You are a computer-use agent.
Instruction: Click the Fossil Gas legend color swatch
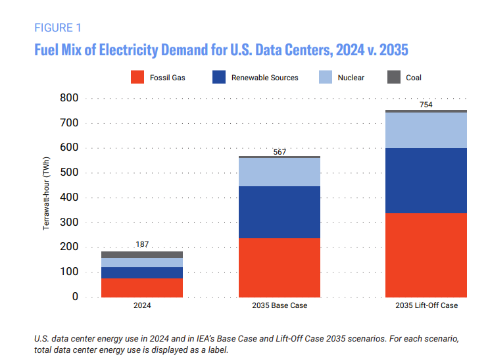click(x=137, y=77)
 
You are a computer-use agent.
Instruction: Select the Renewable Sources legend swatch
click(x=219, y=77)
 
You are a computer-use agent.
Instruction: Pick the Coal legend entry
click(x=414, y=78)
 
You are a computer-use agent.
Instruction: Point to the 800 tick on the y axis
click(x=69, y=98)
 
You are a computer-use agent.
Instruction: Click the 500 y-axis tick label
click(x=69, y=172)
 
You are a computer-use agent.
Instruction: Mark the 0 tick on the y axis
click(x=74, y=297)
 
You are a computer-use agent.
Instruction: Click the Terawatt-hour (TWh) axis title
click(x=47, y=197)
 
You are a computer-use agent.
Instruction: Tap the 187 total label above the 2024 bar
click(x=142, y=244)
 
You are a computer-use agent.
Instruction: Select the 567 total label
click(x=280, y=152)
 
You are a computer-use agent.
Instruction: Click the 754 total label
click(x=426, y=105)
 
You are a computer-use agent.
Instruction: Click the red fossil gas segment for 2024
click(x=142, y=288)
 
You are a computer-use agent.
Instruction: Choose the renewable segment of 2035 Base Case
click(x=280, y=212)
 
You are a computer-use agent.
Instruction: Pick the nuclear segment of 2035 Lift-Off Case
click(x=426, y=130)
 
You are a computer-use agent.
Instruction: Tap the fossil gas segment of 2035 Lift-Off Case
click(x=426, y=255)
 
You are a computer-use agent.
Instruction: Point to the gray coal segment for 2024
click(x=142, y=254)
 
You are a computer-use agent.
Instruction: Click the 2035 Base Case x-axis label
click(x=280, y=306)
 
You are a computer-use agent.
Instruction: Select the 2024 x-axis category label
click(x=142, y=306)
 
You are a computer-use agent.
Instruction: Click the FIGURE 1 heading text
click(x=57, y=28)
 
